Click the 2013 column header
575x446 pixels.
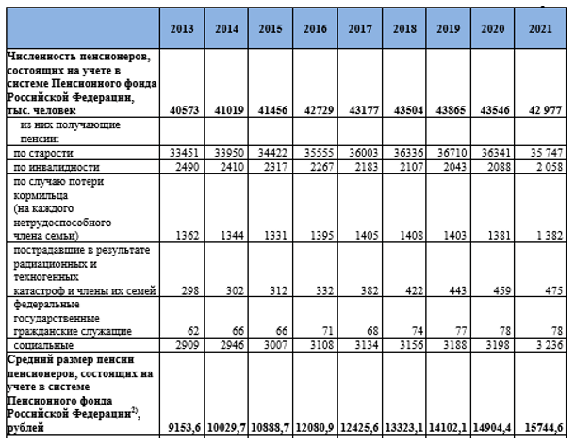click(x=182, y=28)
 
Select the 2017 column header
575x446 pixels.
click(x=360, y=28)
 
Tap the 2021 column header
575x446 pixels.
click(x=540, y=28)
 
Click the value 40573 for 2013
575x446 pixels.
click(x=185, y=110)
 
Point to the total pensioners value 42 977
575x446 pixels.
click(x=545, y=110)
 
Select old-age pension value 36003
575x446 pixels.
click(x=364, y=153)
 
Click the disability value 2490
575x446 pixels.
click(x=188, y=167)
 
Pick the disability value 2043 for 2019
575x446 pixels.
click(x=454, y=167)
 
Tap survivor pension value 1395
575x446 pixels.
click(x=321, y=235)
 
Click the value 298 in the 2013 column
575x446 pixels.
click(x=190, y=290)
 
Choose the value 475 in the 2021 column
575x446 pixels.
click(x=553, y=290)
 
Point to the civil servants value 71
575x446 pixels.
click(x=327, y=331)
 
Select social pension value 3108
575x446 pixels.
click(x=321, y=345)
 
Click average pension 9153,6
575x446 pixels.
click(x=185, y=428)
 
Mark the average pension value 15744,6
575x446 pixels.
click(x=544, y=428)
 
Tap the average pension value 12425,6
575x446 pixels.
click(x=360, y=428)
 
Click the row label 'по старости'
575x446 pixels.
click(x=43, y=153)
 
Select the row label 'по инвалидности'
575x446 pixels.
click(x=57, y=167)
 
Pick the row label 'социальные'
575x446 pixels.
click(x=43, y=345)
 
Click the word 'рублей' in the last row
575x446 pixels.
click(x=25, y=428)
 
